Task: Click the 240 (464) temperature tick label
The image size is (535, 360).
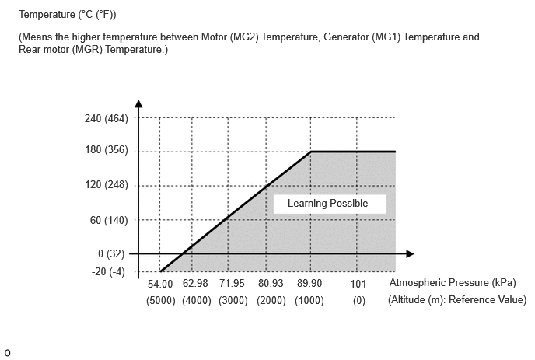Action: tap(106, 118)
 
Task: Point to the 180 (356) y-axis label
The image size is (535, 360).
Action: tap(106, 150)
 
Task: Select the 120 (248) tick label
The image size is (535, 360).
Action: tap(106, 184)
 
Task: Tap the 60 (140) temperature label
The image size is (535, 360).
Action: tap(109, 220)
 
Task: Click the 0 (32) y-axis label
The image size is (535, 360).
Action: tap(111, 254)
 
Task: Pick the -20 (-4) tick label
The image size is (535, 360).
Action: tap(108, 271)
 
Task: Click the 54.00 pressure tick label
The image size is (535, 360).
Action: tap(160, 284)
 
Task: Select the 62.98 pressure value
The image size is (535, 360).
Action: tap(195, 283)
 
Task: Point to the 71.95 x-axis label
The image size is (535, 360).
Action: tap(232, 283)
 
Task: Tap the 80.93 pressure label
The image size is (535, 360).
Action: tap(271, 283)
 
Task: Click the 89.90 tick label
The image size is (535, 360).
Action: tap(309, 283)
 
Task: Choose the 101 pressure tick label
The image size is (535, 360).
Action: tap(358, 284)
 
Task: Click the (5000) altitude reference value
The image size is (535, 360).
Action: tap(161, 301)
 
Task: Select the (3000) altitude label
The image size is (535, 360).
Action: tap(233, 301)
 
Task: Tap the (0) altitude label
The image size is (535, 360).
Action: tap(359, 301)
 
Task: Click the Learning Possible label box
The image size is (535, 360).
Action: tap(330, 204)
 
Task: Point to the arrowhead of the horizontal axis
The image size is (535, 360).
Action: tap(410, 254)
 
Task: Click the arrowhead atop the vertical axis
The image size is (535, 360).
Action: tap(138, 103)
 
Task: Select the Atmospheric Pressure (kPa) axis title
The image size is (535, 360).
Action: tap(453, 283)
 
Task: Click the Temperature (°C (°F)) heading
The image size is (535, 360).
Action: tap(67, 15)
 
